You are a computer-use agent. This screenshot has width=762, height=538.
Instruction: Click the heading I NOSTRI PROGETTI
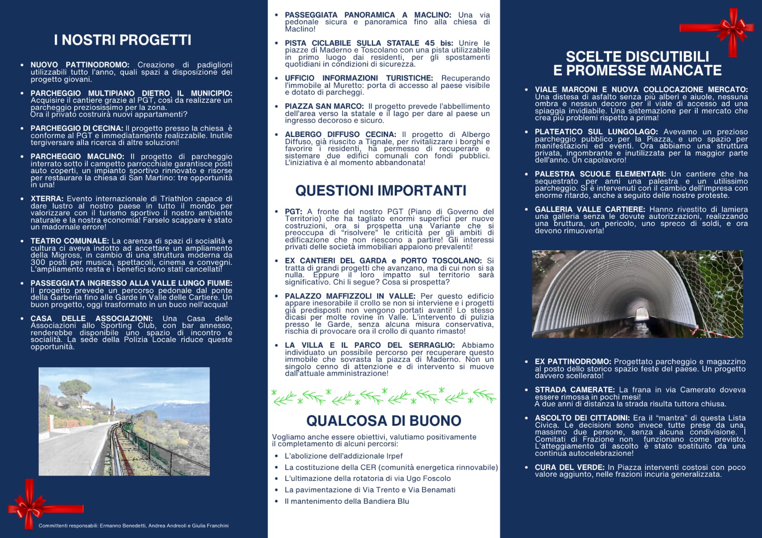(122, 40)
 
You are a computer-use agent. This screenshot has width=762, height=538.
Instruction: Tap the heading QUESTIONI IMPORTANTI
(381, 191)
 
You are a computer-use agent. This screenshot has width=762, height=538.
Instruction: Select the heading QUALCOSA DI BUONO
(383, 421)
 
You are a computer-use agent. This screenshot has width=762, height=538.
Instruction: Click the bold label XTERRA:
(47, 199)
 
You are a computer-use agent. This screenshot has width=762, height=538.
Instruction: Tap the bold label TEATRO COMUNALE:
(70, 241)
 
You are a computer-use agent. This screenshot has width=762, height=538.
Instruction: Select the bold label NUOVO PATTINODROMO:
(80, 65)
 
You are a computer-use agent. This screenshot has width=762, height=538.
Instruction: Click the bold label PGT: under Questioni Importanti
(293, 212)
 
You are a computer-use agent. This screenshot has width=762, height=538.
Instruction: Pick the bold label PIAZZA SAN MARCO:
(324, 107)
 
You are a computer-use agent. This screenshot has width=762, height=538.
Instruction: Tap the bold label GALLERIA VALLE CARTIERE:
(590, 209)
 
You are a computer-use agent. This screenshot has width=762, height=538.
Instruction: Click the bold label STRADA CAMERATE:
(574, 390)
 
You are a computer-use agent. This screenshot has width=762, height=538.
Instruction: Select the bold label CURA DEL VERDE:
(569, 468)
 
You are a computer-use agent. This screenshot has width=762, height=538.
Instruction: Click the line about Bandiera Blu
(347, 501)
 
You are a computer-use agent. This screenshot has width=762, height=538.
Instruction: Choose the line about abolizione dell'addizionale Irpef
(343, 456)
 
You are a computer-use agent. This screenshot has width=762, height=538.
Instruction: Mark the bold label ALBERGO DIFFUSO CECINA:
(340, 135)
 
